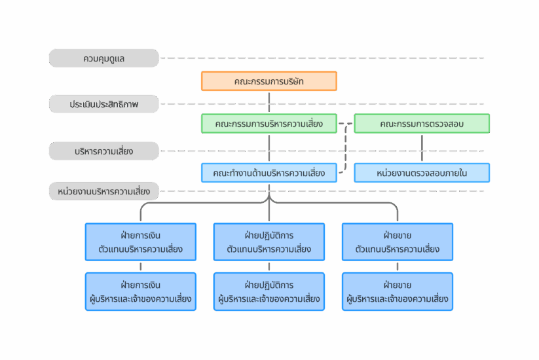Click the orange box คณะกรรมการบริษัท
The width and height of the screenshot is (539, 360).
[269, 81]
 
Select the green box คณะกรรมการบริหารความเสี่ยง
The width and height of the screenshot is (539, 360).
[269, 123]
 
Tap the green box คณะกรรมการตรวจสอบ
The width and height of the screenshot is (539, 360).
[422, 123]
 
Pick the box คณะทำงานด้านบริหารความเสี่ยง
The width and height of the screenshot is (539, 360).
[269, 173]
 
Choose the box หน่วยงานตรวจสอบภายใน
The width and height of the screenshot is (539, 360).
[422, 173]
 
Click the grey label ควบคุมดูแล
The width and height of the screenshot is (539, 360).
[104, 58]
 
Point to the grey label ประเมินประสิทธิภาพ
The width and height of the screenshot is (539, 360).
[104, 103]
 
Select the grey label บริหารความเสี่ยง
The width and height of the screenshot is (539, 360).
[104, 151]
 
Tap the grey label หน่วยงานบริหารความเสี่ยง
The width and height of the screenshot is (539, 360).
[104, 191]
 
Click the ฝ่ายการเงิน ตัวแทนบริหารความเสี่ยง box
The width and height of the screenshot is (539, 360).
[141, 242]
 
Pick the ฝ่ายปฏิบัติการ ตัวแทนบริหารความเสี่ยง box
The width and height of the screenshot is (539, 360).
[269, 242]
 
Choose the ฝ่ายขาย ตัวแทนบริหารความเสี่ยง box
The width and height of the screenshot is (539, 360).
[398, 242]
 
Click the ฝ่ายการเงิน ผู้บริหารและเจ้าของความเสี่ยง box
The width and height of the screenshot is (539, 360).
[141, 292]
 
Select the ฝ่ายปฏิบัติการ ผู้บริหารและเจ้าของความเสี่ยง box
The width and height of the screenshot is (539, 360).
[269, 292]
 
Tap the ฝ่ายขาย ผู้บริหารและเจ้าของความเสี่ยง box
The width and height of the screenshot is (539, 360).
[398, 292]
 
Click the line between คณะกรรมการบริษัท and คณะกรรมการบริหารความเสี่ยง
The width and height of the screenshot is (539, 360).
[269, 102]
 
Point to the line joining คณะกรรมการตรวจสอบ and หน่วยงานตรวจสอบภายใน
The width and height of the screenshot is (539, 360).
[422, 148]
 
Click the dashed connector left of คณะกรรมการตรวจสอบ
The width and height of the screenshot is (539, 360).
[345, 148]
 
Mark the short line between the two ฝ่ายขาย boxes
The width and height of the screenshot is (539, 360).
[398, 266]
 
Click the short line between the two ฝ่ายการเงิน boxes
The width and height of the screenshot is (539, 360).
[141, 266]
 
